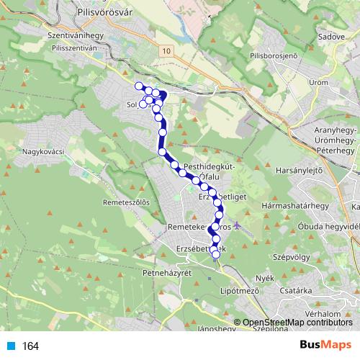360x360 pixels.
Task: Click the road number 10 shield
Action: (x=167, y=50)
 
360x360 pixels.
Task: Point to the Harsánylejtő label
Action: (x=298, y=171)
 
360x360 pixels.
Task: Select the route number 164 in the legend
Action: (x=31, y=346)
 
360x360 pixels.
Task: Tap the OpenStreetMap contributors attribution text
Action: (x=297, y=323)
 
